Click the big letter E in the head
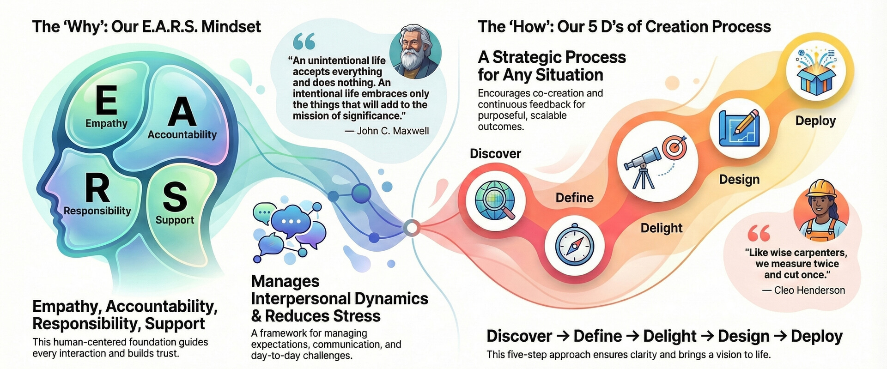tap(106, 100)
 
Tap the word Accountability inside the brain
tap(182, 134)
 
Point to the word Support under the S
tap(175, 220)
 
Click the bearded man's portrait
tap(415, 52)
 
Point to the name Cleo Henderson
tap(809, 290)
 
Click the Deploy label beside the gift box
tap(815, 121)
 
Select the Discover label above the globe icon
tap(495, 153)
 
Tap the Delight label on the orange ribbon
tap(661, 228)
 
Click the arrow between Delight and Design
tap(707, 336)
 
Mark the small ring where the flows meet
tap(411, 228)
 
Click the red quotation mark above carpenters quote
tap(759, 233)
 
